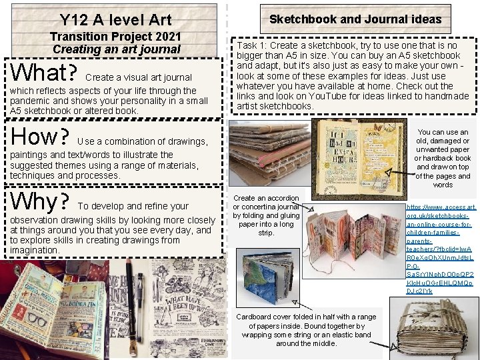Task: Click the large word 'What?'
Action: [42, 73]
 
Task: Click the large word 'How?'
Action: [41, 137]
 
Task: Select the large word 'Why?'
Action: [41, 201]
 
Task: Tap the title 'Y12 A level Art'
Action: [115, 21]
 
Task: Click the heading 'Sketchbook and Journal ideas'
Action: [355, 19]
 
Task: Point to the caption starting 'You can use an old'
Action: [443, 159]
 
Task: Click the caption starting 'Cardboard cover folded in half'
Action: [306, 330]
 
